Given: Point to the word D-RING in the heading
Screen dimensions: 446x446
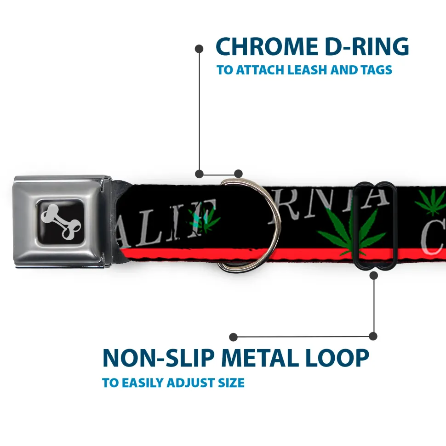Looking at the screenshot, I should click(363, 47).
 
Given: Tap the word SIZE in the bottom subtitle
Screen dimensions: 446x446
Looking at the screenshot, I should click(230, 383).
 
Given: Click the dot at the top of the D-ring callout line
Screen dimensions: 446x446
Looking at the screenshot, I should click(199, 48).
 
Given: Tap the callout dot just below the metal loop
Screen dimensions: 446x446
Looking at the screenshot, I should click(373, 276).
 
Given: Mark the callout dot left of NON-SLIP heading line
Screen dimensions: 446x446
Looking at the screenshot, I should click(234, 337).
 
